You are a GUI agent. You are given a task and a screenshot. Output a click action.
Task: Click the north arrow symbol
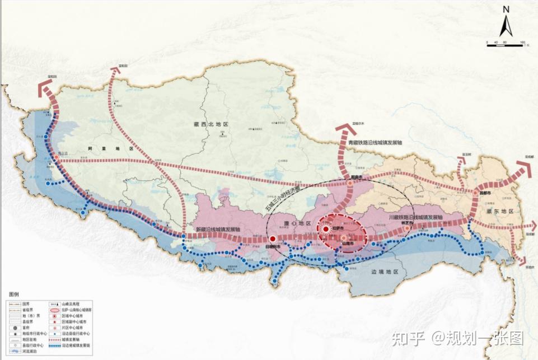[504, 22]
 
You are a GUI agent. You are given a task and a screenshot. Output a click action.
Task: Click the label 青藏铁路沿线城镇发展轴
[375, 143]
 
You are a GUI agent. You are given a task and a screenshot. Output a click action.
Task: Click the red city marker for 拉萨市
[325, 230]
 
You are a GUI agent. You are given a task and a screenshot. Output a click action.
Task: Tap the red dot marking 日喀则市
[273, 238]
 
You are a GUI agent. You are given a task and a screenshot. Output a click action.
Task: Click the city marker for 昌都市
[476, 193]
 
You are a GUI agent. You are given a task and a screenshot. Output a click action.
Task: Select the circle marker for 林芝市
[407, 228]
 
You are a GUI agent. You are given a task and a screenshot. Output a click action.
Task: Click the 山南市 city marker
[343, 238]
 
